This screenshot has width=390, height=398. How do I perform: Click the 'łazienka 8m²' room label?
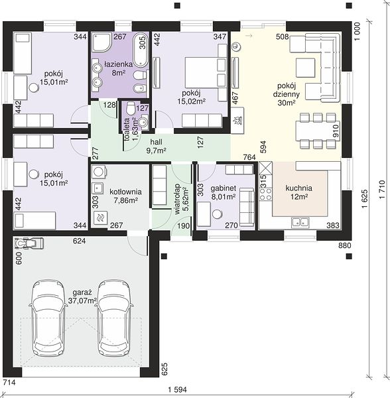click(119, 68)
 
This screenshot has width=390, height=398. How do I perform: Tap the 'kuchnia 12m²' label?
click(299, 192)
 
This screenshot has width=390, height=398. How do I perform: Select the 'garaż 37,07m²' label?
click(82, 297)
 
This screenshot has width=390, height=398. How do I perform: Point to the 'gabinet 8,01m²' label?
click(224, 192)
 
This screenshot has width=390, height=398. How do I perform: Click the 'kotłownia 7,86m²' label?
click(125, 196)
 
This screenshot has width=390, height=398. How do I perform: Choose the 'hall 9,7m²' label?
click(156, 146)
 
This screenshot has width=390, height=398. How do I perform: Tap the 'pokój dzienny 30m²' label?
click(287, 94)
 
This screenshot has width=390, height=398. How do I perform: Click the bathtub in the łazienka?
click(141, 50)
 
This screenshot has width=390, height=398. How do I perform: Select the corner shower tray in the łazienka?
click(101, 42)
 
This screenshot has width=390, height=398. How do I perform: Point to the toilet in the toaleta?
click(131, 108)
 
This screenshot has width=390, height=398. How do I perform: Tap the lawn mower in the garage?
click(29, 243)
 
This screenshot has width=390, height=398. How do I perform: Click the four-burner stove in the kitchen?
click(266, 194)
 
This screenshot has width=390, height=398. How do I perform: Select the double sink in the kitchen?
click(300, 223)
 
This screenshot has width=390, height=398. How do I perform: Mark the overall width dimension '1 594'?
click(177, 389)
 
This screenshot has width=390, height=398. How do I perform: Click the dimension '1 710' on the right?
click(382, 190)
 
